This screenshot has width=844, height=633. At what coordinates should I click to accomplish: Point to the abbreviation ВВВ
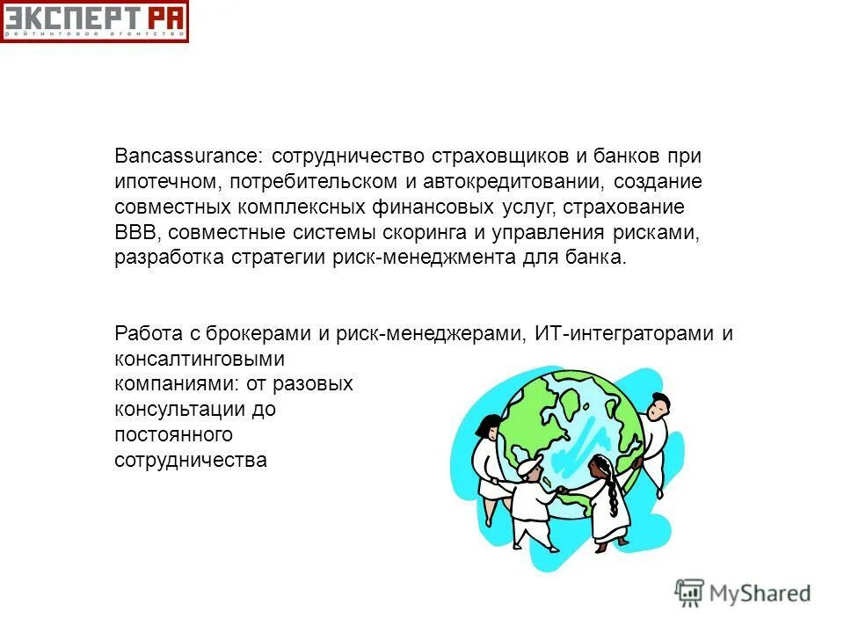point(137,233)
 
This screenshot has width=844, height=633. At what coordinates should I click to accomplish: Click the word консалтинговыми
point(200,360)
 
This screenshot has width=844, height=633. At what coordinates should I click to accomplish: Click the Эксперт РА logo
point(94,21)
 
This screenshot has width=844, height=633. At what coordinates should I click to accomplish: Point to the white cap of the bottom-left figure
point(529,464)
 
